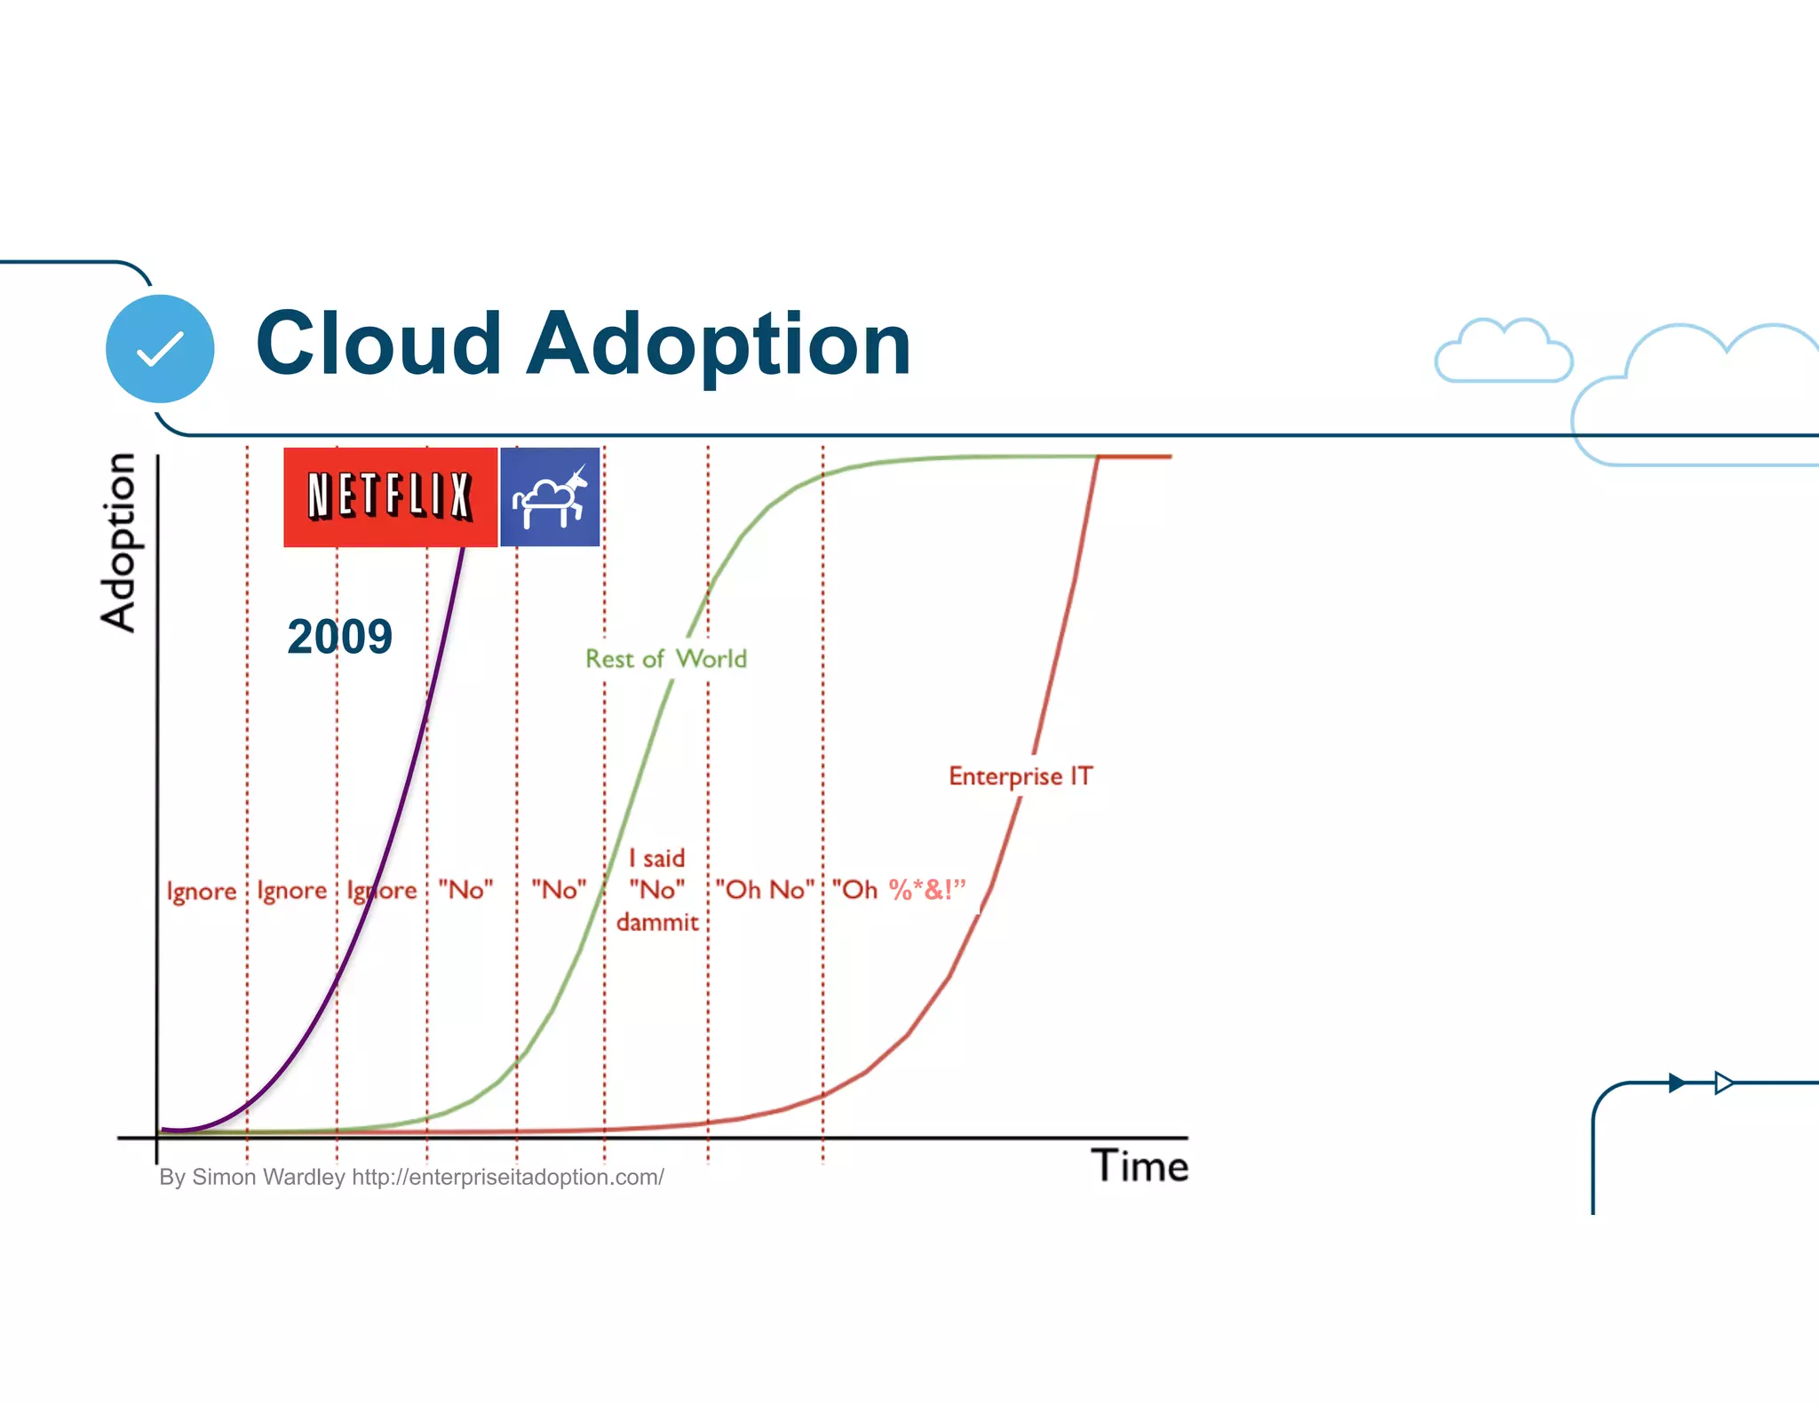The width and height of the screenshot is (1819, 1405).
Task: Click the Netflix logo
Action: (390, 496)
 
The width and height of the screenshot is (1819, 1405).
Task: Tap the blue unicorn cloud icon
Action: (550, 496)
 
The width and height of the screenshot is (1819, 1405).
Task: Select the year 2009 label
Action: (339, 637)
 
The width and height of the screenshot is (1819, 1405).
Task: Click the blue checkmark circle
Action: (160, 349)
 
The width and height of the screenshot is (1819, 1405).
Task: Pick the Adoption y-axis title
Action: (118, 542)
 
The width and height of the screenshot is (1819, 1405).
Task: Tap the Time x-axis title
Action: (1140, 1166)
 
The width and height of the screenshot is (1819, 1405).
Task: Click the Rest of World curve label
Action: (666, 659)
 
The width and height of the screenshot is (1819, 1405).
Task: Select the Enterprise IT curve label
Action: (1021, 776)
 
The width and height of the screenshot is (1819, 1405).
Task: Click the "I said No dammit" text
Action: (657, 890)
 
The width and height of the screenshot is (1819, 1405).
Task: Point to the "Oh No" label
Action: (765, 890)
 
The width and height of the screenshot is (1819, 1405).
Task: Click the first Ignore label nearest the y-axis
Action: (202, 891)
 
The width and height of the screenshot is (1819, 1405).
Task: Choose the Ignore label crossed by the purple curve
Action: (382, 891)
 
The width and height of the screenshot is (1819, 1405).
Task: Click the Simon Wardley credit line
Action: (411, 1178)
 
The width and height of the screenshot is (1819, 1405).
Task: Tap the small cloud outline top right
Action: (1504, 353)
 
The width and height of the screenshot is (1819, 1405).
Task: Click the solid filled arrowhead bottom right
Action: (1677, 1083)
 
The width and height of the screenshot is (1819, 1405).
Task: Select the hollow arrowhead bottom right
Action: (1724, 1083)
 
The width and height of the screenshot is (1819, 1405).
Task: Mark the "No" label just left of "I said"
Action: (559, 890)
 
